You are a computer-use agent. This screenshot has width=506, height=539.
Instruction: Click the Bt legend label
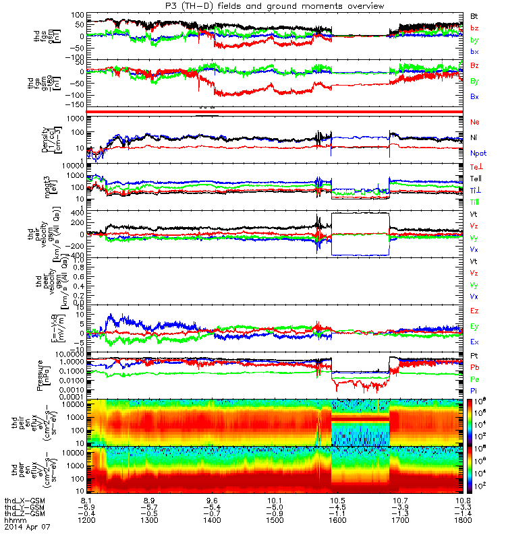pyautogui.click(x=474, y=15)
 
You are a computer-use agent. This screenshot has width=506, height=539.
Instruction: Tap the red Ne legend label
pyautogui.click(x=474, y=122)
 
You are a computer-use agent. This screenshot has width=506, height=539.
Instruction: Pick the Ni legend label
pyautogui.click(x=474, y=137)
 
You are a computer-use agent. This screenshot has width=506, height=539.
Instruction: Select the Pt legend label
pyautogui.click(x=474, y=354)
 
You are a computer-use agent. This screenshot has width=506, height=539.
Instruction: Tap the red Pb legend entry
pyautogui.click(x=474, y=367)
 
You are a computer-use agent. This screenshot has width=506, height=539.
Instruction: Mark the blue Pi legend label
pyautogui.click(x=474, y=391)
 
